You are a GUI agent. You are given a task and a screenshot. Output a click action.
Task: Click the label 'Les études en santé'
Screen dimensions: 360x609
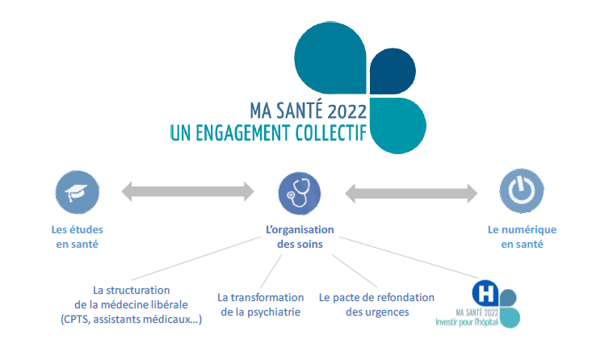(79, 237)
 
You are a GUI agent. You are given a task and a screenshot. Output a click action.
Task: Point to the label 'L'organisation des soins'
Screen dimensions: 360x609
(300, 237)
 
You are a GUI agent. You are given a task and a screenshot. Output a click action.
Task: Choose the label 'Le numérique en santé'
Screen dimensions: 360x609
(522, 237)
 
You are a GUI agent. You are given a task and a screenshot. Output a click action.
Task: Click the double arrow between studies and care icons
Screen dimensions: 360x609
(187, 192)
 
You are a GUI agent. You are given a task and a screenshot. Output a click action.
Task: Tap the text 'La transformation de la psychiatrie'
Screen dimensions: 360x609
(261, 304)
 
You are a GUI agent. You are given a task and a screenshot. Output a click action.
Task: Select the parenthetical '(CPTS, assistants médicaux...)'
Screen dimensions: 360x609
(131, 320)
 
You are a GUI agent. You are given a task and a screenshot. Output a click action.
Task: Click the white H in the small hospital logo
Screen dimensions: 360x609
(485, 291)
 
